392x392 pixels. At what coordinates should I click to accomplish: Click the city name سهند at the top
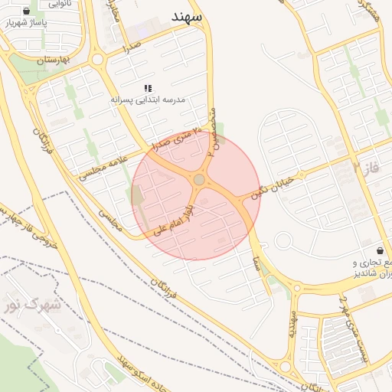tap(187, 16)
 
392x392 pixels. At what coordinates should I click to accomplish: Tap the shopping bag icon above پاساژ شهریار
tap(27, 11)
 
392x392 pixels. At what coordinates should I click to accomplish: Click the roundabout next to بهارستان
tap(97, 59)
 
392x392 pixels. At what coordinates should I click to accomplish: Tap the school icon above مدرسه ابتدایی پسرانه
tap(148, 89)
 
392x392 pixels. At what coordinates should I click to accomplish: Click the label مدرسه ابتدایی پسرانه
tap(149, 100)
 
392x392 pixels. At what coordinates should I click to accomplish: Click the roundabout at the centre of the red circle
tap(199, 179)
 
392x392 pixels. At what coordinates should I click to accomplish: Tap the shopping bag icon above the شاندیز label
tap(381, 250)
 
